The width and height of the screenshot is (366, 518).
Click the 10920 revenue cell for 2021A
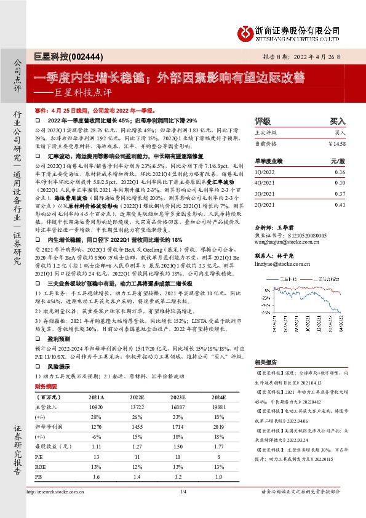click(94, 408)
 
